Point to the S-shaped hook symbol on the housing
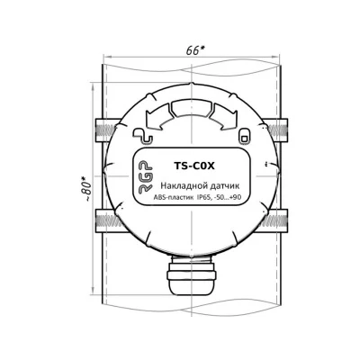coord(141,137)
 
